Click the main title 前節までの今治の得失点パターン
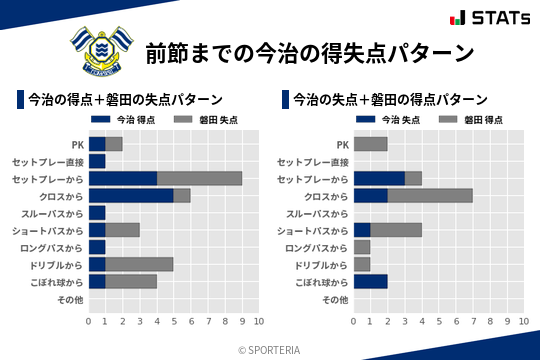coord(308,52)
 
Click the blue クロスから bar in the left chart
coord(131,196)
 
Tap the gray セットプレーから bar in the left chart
coord(199,178)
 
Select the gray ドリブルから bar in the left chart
coord(139,264)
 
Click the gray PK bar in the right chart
coord(371,144)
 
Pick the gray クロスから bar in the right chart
coord(430,196)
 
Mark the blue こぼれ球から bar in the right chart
coord(371,282)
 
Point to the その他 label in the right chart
coord(335,299)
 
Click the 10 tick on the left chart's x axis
coord(259,321)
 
